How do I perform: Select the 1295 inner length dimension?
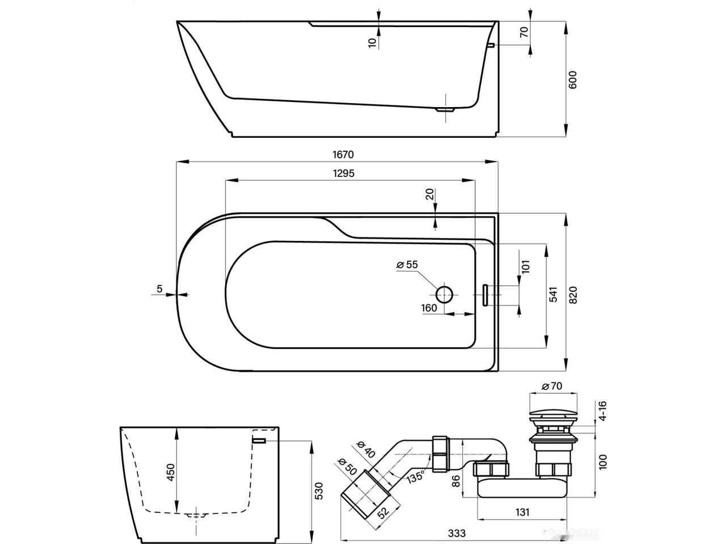click(x=344, y=173)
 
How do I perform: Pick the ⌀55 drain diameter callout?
click(x=407, y=265)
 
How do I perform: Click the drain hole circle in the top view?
click(x=444, y=294)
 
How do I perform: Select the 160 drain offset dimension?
click(x=429, y=308)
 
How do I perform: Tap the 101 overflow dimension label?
click(x=525, y=266)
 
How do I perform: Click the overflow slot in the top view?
click(x=486, y=294)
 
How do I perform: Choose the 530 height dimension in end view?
click(x=319, y=491)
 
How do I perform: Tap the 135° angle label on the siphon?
click(x=415, y=476)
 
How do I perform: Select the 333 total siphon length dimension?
click(x=457, y=533)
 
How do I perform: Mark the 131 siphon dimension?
click(x=522, y=512)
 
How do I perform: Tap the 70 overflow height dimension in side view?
click(x=525, y=32)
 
